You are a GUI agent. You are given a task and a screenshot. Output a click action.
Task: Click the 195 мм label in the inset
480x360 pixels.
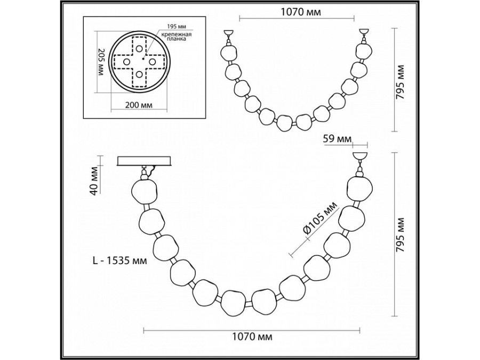[177, 26]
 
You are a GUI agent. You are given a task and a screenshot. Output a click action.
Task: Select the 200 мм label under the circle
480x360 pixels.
[139, 105]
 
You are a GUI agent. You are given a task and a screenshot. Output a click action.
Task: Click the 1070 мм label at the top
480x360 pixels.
[301, 12]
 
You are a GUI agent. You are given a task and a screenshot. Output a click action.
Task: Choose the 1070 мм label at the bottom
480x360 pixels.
[252, 337]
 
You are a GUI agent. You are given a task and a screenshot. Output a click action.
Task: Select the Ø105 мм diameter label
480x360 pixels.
[319, 218]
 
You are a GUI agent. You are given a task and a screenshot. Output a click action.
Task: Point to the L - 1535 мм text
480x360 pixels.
[119, 260]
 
